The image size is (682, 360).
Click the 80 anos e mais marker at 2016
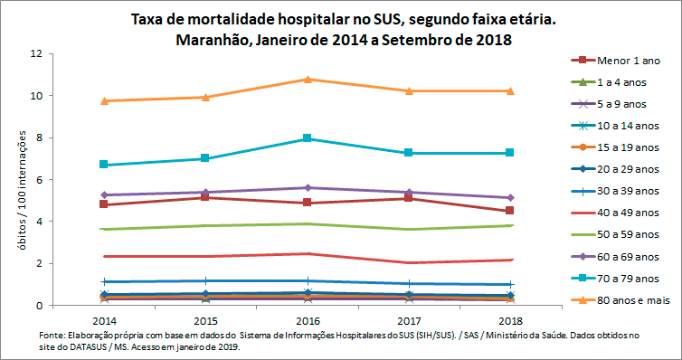click(308, 80)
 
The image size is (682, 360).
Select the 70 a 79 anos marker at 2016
click(308, 138)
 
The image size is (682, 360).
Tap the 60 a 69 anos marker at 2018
click(511, 197)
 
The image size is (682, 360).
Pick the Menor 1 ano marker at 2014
click(104, 204)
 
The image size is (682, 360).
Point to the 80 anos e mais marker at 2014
click(104, 100)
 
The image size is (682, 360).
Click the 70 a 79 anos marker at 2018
click(511, 153)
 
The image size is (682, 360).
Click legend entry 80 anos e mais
click(632, 299)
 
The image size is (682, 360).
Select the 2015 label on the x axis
click(205, 321)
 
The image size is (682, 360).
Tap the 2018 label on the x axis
click(511, 321)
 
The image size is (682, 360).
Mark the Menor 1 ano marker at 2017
click(409, 198)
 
